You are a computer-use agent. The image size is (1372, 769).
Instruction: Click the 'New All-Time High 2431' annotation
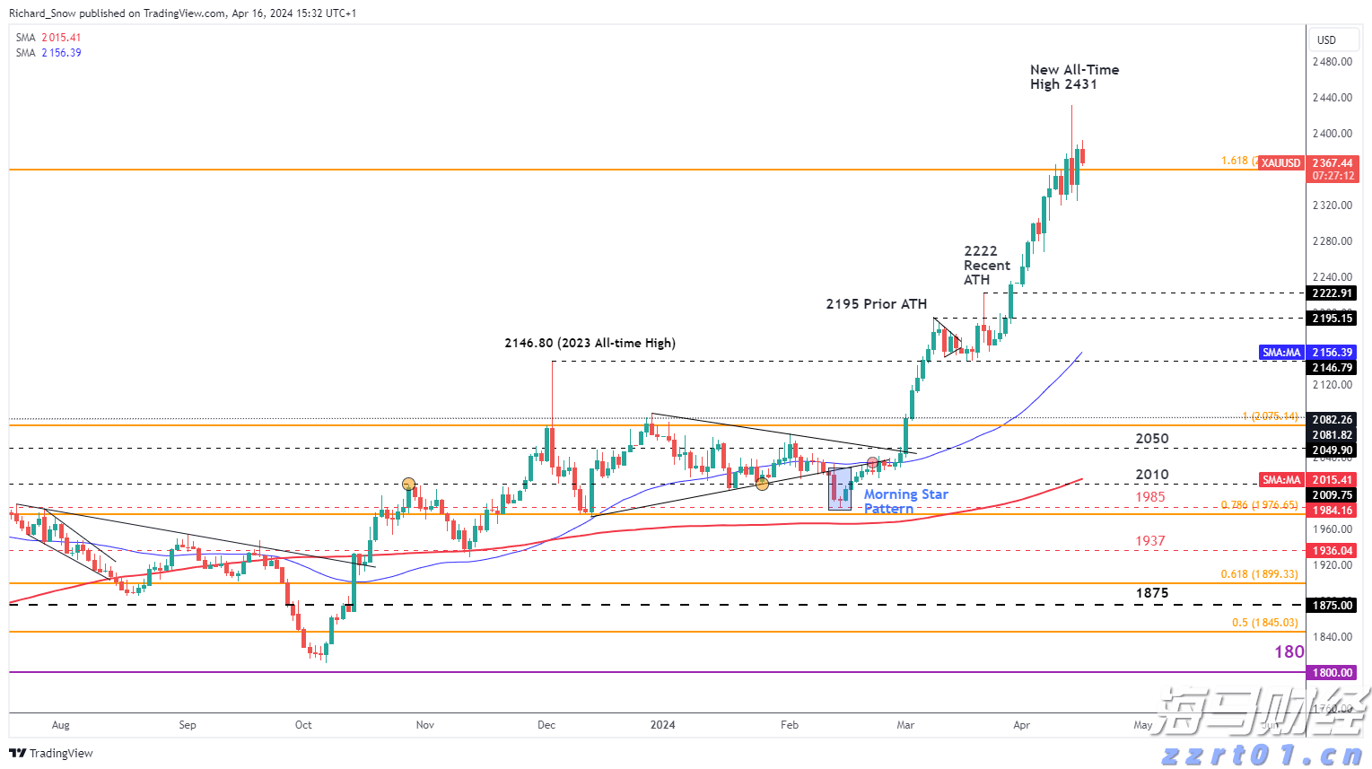[1074, 77]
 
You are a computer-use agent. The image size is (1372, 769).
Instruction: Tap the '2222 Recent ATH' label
[986, 266]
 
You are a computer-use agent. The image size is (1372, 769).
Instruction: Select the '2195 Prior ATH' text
[876, 304]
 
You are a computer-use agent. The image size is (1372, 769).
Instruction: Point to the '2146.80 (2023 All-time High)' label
[590, 343]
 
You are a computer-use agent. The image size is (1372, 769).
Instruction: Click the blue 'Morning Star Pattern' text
[904, 501]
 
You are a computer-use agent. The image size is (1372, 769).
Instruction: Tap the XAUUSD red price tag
[1280, 163]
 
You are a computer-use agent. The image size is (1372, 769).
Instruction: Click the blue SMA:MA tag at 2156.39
[1280, 353]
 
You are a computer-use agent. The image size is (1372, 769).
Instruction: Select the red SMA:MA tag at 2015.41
[1280, 480]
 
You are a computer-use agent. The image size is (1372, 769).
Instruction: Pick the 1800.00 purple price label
[1332, 673]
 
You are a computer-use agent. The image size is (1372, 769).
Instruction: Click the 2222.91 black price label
[1332, 293]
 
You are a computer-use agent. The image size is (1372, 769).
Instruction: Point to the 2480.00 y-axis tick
[1332, 62]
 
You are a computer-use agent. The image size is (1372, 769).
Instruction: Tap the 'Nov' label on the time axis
[425, 725]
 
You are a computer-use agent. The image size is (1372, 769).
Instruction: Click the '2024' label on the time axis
[663, 725]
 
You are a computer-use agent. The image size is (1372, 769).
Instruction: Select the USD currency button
[1326, 40]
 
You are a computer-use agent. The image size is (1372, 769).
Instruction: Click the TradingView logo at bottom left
[51, 753]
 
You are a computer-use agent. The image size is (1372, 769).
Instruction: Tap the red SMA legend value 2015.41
[61, 38]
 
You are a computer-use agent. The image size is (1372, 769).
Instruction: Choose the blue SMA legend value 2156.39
[61, 53]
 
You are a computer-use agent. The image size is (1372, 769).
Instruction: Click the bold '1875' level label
[1151, 593]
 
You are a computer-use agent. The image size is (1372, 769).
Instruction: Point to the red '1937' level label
[1149, 541]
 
